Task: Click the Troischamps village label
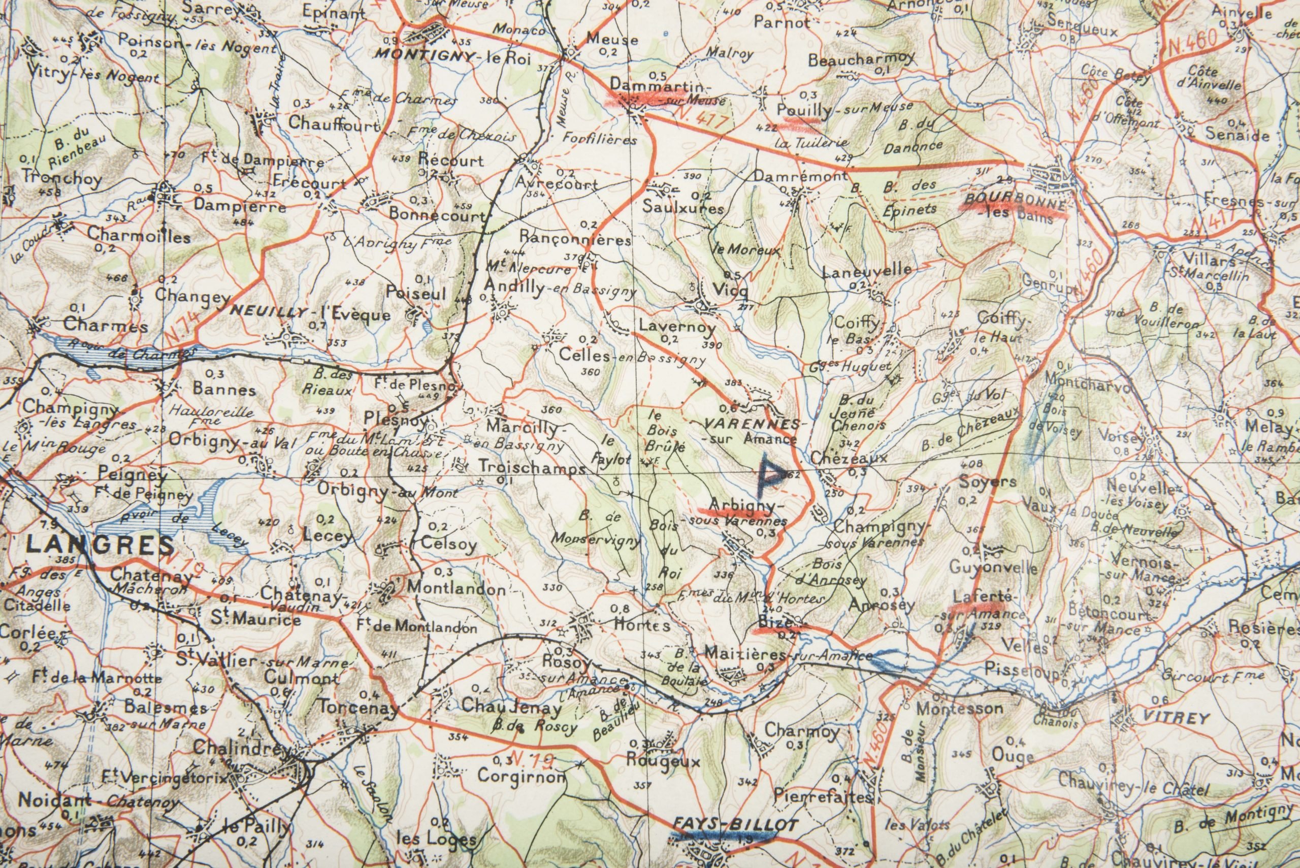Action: click(x=531, y=467)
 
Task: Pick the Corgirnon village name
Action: click(x=522, y=776)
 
